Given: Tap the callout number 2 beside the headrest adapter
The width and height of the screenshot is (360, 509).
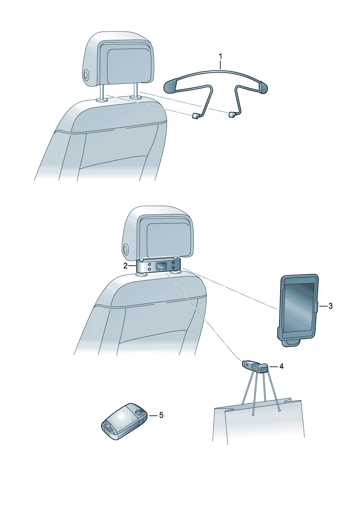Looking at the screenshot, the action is click(126, 266).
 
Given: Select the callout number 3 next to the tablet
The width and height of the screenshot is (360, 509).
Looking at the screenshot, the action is click(331, 306).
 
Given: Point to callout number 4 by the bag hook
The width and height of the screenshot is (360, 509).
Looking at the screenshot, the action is click(281, 366).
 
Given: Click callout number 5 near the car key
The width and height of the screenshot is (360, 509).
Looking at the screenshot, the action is click(161, 415).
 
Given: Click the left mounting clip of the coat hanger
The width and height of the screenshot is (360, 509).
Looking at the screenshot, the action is click(196, 116).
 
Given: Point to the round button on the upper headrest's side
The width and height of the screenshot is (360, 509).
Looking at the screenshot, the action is click(86, 75).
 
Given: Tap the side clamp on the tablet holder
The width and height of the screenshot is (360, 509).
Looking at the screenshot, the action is click(316, 306).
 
